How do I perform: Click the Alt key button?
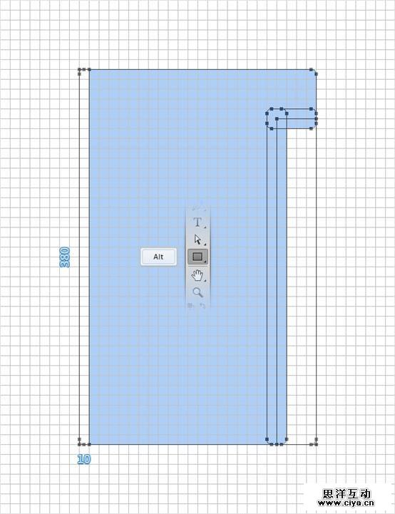(159, 257)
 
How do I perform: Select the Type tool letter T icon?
(197, 222)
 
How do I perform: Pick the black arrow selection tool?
(197, 240)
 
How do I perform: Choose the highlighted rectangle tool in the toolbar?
(197, 257)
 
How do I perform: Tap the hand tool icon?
(197, 275)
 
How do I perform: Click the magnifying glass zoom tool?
(197, 292)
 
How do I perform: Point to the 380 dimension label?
(65, 257)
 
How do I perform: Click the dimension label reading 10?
(84, 459)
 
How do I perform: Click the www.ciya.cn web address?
(346, 503)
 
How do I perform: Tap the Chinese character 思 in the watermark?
(328, 493)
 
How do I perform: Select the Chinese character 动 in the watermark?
(365, 493)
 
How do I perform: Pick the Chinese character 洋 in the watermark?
(340, 493)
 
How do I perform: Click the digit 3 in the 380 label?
(65, 264)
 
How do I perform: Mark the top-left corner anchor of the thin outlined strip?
(79, 69)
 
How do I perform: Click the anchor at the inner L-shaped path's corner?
(277, 119)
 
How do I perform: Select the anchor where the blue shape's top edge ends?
(311, 69)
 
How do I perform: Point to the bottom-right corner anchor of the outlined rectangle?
(316, 444)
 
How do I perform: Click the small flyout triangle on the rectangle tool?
(205, 262)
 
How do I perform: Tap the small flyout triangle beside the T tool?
(205, 227)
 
